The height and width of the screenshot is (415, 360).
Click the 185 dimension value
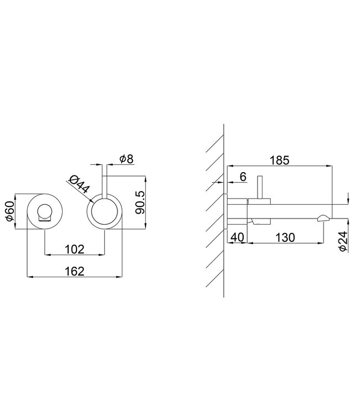click(x=280, y=160)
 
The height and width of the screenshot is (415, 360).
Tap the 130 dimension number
click(x=285, y=237)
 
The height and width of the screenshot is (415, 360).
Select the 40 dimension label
click(x=238, y=237)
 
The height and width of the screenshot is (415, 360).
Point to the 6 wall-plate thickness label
click(x=243, y=177)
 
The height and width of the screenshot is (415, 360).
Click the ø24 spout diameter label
click(x=343, y=241)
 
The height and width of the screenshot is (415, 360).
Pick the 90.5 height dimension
click(x=140, y=203)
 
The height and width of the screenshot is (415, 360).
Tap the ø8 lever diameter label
click(x=126, y=159)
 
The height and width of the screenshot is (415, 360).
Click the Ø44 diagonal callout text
click(x=79, y=184)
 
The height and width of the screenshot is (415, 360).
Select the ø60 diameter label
click(x=10, y=211)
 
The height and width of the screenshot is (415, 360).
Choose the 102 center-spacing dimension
click(x=75, y=250)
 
